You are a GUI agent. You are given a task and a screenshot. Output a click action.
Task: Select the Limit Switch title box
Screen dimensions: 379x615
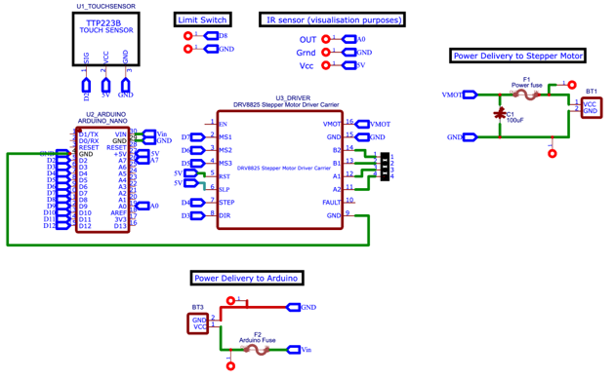(203, 19)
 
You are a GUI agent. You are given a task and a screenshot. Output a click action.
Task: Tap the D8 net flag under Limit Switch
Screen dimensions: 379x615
(223, 35)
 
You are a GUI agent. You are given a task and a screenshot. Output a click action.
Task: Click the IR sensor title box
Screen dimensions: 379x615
(332, 19)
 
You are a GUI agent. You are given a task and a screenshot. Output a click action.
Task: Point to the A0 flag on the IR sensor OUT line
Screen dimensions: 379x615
(360, 40)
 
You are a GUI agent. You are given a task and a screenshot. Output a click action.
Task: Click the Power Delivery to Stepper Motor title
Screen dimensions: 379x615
(517, 57)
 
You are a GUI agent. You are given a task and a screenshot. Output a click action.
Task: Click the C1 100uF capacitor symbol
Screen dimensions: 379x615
(499, 115)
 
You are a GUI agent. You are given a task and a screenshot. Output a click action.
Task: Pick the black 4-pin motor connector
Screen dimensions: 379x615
(385, 167)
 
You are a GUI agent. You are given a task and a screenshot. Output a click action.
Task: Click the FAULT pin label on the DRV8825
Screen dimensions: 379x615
(332, 202)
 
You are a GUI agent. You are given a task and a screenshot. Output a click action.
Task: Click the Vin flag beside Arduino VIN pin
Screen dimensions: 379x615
(162, 133)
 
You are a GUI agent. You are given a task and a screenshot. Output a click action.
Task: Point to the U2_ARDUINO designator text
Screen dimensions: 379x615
(102, 114)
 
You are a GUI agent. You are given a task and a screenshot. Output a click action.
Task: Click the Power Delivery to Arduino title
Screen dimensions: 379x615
(245, 279)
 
